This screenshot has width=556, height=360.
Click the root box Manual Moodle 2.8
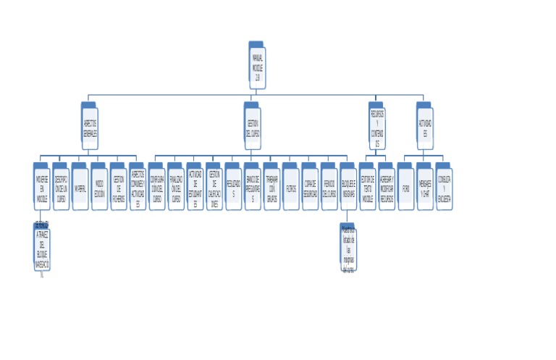(258, 67)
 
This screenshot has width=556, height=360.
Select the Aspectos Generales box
(90, 127)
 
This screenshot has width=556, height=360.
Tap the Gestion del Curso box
(253, 127)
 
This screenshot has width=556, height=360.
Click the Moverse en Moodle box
(42, 188)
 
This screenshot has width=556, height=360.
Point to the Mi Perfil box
(80, 188)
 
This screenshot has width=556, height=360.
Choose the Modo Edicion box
(100, 188)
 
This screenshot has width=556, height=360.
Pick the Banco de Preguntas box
(253, 188)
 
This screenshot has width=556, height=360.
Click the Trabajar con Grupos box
(271, 188)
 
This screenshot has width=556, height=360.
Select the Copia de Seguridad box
(310, 188)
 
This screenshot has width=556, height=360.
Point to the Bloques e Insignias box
(348, 188)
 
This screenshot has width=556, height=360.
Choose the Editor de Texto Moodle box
(368, 188)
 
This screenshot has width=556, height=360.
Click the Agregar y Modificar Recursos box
(387, 188)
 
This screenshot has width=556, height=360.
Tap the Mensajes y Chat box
(425, 188)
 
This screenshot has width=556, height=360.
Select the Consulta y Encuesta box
(445, 188)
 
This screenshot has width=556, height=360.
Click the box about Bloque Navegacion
(42, 250)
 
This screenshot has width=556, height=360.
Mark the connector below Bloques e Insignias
(348, 217)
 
